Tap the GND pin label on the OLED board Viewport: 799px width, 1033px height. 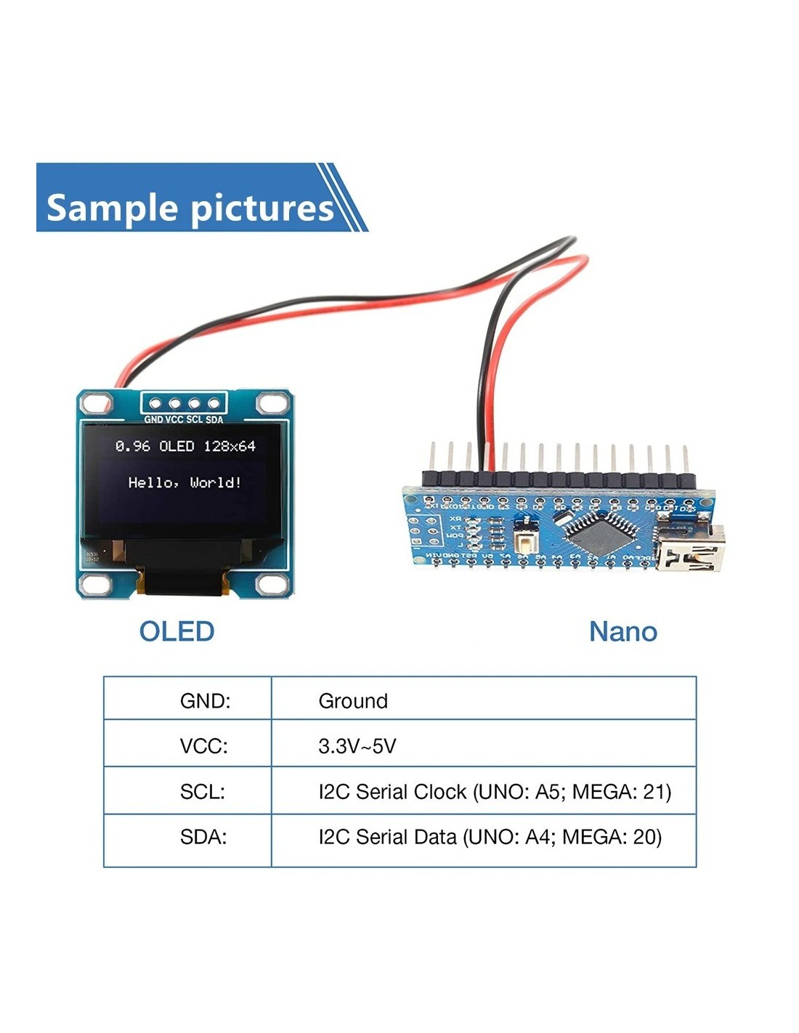pos(153,420)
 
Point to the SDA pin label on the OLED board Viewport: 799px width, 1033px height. pos(214,420)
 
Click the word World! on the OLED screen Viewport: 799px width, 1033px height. pos(216,482)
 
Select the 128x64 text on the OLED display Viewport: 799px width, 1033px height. pos(230,446)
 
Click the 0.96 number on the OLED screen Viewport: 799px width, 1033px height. pos(133,446)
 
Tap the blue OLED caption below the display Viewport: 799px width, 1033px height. pos(177,631)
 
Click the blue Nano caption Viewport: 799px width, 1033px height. pos(622,631)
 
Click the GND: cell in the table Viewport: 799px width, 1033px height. pos(205,701)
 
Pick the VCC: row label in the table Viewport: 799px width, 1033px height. pos(203,746)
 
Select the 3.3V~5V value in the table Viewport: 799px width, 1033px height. pos(357,746)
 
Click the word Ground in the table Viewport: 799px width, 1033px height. pos(353,701)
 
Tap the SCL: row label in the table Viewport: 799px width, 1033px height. pos(203,792)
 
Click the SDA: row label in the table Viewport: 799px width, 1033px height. pos(203,837)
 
